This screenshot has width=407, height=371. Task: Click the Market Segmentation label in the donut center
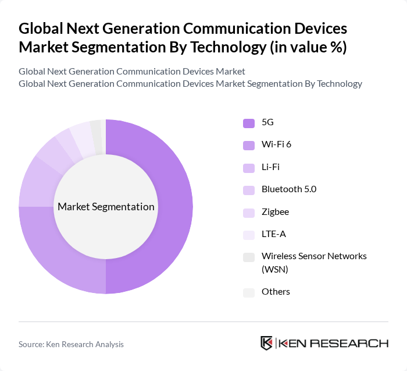pyautogui.click(x=106, y=207)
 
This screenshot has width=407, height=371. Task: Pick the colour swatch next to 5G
pyautogui.click(x=248, y=123)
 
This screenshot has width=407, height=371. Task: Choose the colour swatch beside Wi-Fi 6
pyautogui.click(x=248, y=145)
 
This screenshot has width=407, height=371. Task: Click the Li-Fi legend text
pyautogui.click(x=271, y=167)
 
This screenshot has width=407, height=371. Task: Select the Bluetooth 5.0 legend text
pyautogui.click(x=289, y=189)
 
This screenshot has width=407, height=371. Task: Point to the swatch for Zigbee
pyautogui.click(x=248, y=212)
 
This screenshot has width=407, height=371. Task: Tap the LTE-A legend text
pyautogui.click(x=273, y=234)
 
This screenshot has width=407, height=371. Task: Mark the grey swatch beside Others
pyautogui.click(x=248, y=292)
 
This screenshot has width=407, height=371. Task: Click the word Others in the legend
pyautogui.click(x=276, y=292)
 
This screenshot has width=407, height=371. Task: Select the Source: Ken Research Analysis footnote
pyautogui.click(x=71, y=344)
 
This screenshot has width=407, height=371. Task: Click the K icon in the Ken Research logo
pyautogui.click(x=266, y=343)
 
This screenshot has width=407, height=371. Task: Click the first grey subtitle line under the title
pyautogui.click(x=132, y=72)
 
